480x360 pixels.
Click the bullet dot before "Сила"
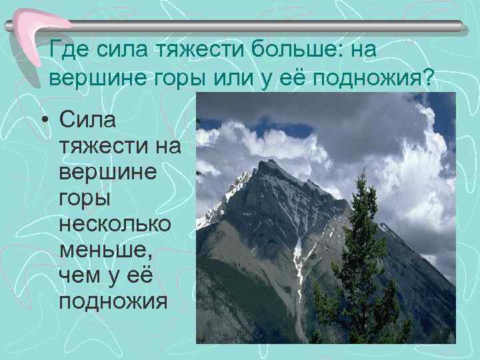tap(43, 121)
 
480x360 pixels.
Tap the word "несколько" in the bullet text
tap(115, 225)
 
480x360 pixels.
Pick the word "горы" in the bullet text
tap(84, 199)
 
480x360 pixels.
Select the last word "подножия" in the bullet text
tap(112, 302)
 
